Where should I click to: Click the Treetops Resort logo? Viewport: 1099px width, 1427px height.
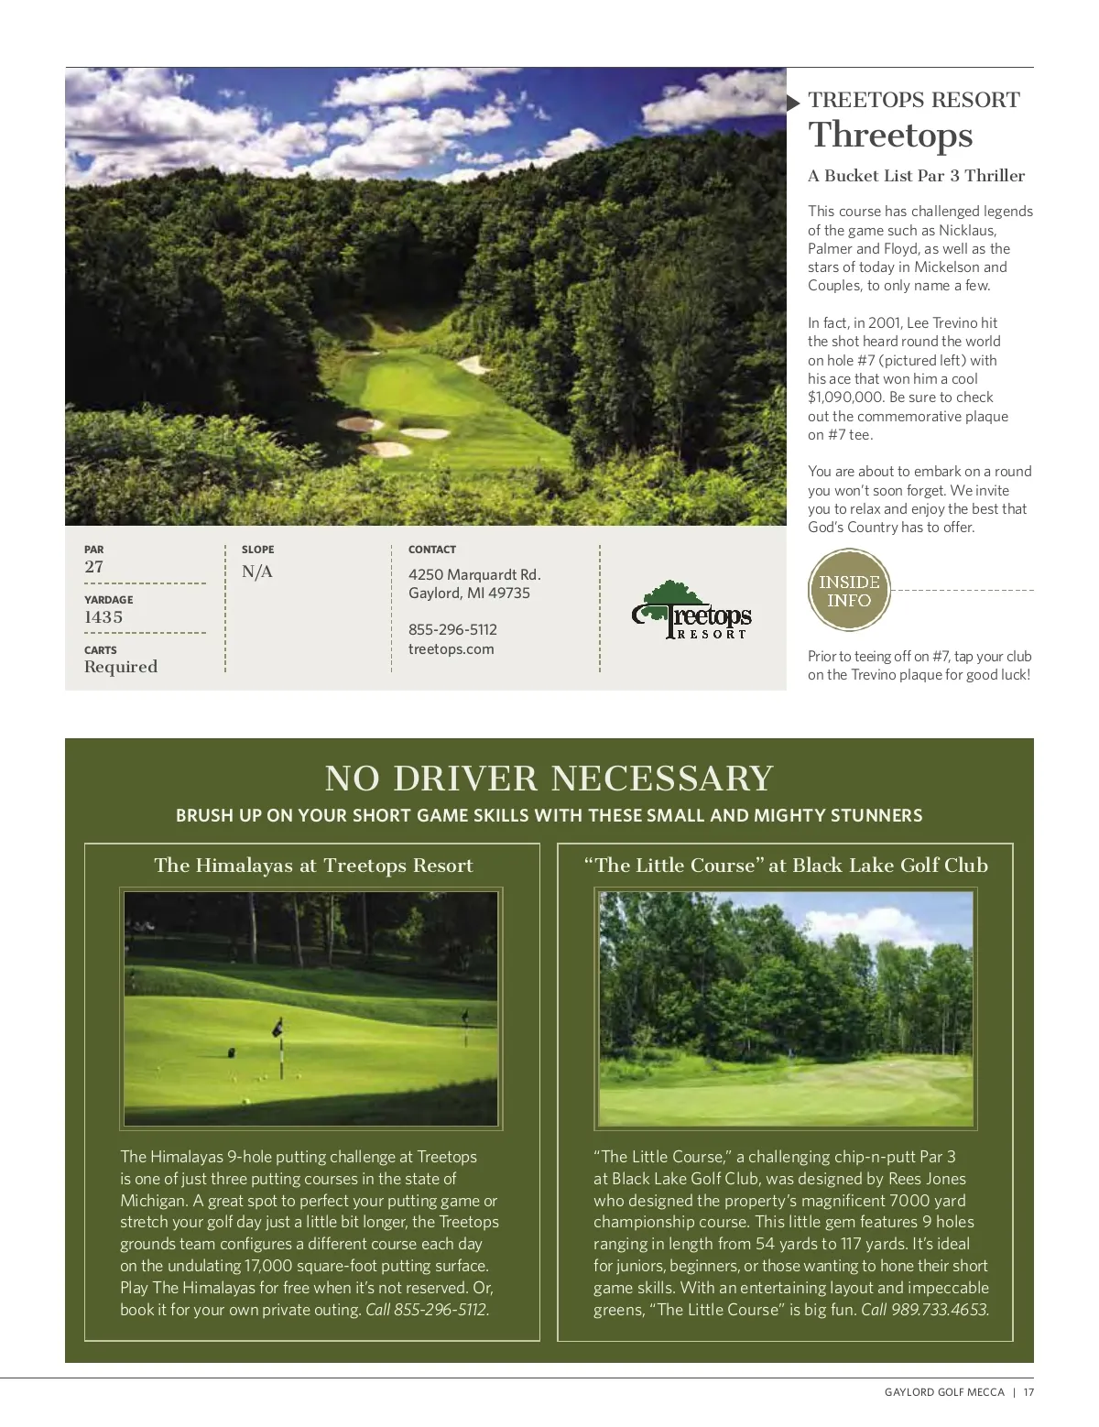click(x=692, y=610)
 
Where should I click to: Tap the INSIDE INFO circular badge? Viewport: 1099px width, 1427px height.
click(x=849, y=591)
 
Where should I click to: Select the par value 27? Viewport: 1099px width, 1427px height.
click(x=94, y=567)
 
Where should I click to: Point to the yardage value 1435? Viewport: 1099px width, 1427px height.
click(x=103, y=617)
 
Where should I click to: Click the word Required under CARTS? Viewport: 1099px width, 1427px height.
click(x=121, y=667)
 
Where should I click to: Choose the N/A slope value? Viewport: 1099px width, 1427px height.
click(x=257, y=572)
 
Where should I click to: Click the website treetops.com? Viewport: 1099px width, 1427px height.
click(x=452, y=649)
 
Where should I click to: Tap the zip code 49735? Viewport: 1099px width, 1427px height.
click(x=509, y=594)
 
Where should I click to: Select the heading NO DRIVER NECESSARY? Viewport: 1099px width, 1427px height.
click(x=549, y=779)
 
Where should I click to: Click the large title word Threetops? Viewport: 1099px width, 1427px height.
click(x=890, y=136)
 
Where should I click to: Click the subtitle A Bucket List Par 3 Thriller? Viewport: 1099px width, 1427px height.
click(x=916, y=176)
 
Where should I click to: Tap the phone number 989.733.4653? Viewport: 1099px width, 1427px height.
click(x=940, y=1310)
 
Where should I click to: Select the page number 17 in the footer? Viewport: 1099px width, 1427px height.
click(x=1028, y=1392)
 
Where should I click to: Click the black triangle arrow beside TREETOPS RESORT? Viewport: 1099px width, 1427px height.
click(x=793, y=102)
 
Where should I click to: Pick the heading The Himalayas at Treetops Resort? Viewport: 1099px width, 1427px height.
click(x=313, y=866)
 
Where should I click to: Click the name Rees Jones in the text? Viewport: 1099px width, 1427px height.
click(x=926, y=1179)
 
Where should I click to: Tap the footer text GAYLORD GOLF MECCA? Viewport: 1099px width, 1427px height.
click(x=944, y=1392)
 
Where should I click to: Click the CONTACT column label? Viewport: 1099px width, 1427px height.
click(x=432, y=550)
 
